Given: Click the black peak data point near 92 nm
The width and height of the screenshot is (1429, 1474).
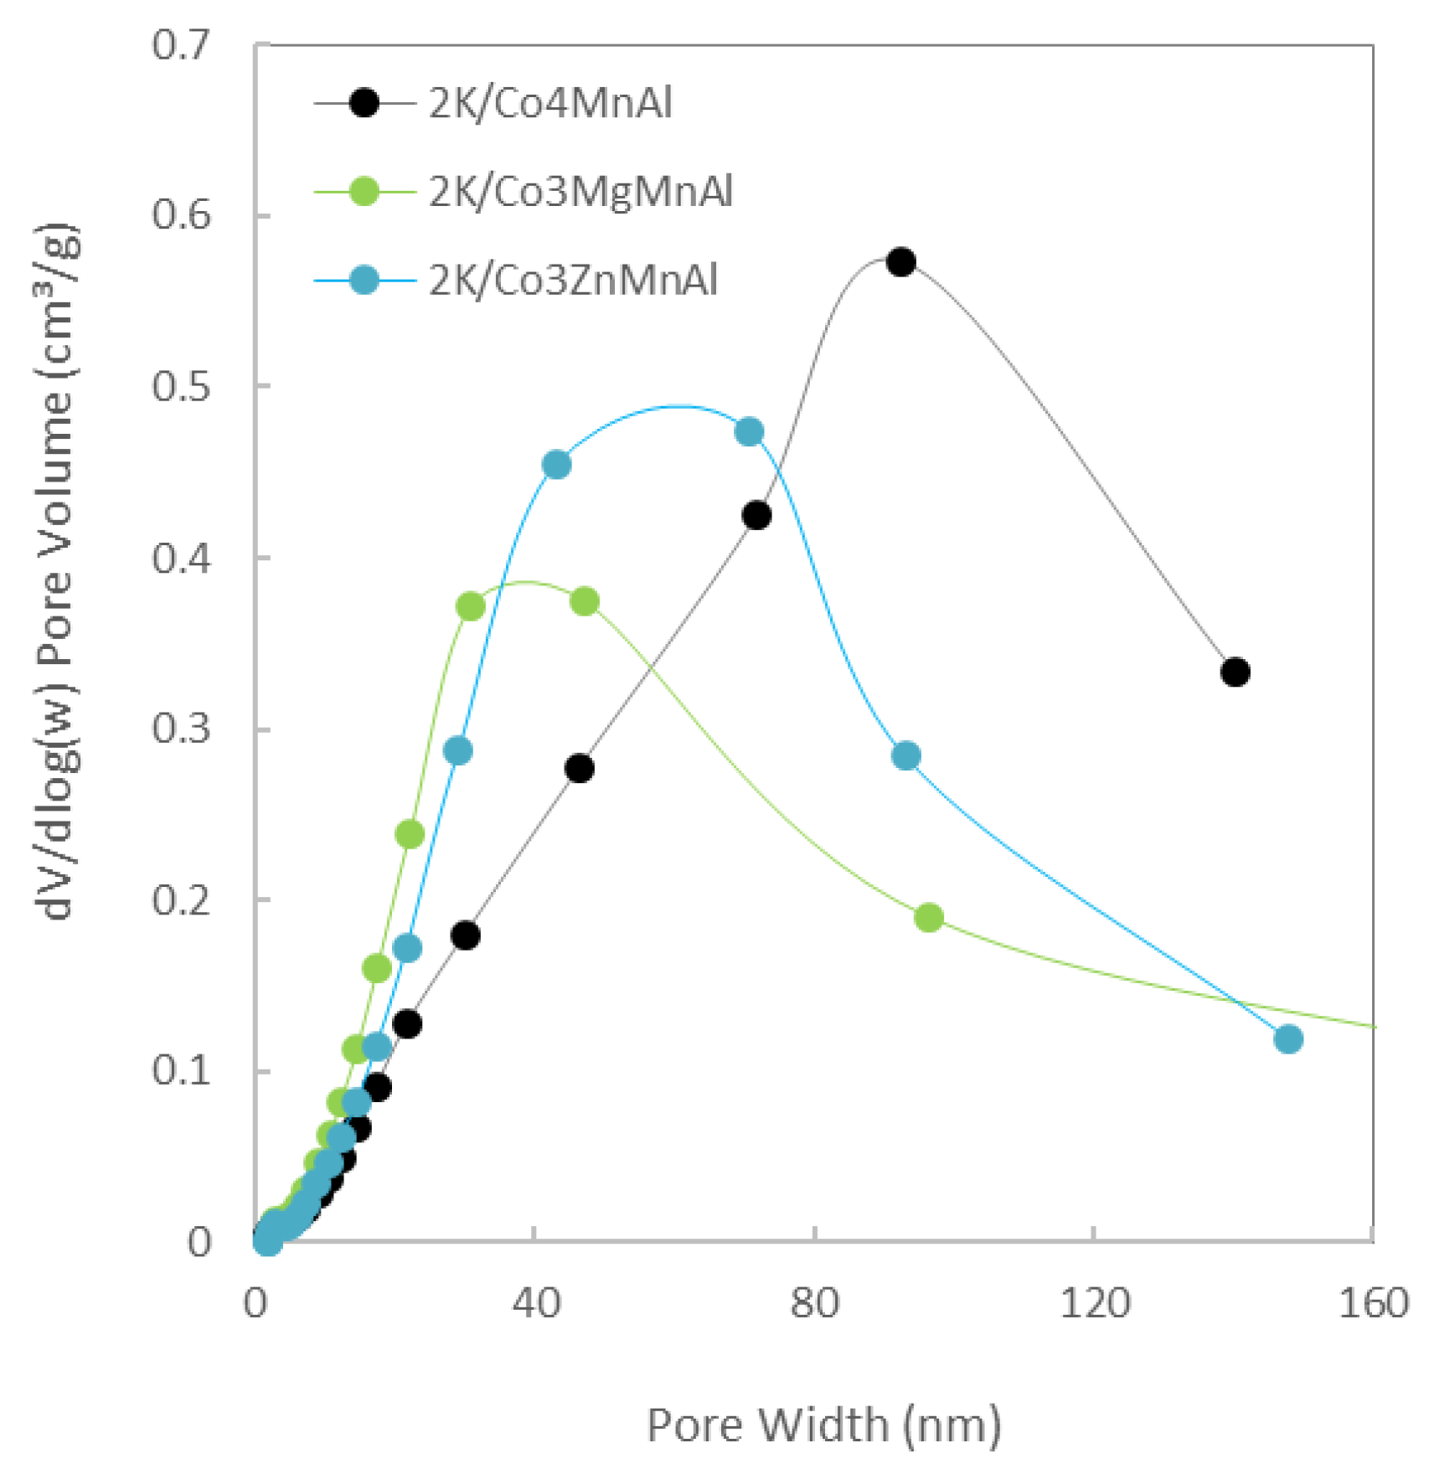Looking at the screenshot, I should pyautogui.click(x=900, y=262).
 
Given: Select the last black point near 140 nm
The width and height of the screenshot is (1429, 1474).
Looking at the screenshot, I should pyautogui.click(x=1236, y=672).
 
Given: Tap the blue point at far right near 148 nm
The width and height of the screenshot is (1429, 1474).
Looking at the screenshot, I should pyautogui.click(x=1288, y=1039).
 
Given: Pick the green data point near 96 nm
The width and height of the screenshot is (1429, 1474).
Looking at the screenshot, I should pyautogui.click(x=928, y=917).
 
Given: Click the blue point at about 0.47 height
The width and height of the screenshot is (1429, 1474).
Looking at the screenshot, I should pyautogui.click(x=749, y=432).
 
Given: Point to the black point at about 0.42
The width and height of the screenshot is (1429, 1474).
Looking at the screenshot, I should pyautogui.click(x=756, y=515).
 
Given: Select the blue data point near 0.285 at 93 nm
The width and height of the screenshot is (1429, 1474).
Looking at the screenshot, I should pyautogui.click(x=905, y=755).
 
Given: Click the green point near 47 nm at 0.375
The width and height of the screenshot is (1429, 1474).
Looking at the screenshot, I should pyautogui.click(x=585, y=601).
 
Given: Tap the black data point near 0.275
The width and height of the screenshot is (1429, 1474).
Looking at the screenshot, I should pyautogui.click(x=580, y=768).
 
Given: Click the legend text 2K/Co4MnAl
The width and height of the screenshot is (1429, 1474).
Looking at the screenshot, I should pyautogui.click(x=550, y=104).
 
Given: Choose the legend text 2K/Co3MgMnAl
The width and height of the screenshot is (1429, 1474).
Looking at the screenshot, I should pyautogui.click(x=580, y=192).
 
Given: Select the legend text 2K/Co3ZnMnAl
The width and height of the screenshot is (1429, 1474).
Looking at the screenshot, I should pyautogui.click(x=573, y=280).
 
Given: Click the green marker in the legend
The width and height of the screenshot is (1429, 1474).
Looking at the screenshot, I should pyautogui.click(x=364, y=192).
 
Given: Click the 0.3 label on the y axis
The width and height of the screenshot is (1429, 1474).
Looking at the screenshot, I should pyautogui.click(x=180, y=728).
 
